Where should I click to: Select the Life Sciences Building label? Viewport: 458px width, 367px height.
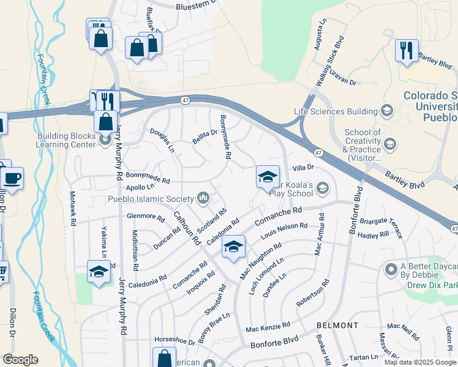335,111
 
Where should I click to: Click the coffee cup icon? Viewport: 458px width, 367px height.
12,178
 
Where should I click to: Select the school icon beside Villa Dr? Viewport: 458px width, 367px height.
268,177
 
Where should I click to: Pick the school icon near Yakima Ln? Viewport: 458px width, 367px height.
99,271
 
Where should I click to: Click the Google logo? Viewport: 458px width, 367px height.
20,360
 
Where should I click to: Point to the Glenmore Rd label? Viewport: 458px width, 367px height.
146,217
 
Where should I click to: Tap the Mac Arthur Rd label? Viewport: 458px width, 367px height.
318,234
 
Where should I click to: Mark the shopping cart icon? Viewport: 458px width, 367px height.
2,271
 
